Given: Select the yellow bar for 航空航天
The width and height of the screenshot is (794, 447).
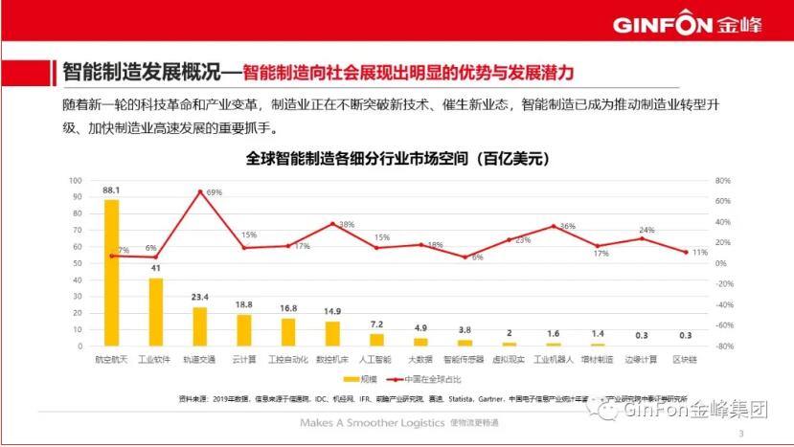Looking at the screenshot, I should click(111, 273).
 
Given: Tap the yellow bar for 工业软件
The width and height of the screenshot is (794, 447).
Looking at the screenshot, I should click(155, 312).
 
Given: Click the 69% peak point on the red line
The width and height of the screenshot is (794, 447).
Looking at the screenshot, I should click(199, 191).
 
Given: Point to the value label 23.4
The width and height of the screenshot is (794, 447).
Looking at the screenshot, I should click(199, 298).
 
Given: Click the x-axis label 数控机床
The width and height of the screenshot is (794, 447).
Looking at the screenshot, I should click(332, 359).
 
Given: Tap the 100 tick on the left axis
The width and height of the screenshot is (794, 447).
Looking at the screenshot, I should click(75, 180).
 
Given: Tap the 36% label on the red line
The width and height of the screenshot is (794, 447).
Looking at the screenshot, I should click(567, 226).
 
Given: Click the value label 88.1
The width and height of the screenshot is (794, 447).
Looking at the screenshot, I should click(111, 190).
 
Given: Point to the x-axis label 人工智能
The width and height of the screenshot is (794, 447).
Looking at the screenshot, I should click(376, 359).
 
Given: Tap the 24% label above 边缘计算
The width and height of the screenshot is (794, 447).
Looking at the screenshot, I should click(647, 230).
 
